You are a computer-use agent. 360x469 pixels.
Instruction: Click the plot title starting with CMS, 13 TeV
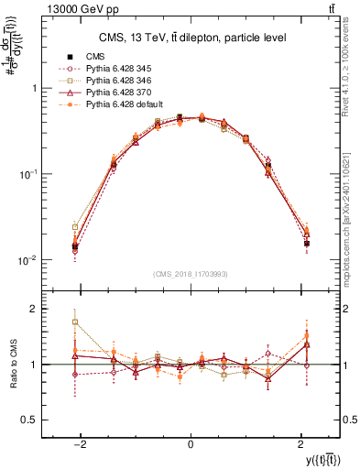190,38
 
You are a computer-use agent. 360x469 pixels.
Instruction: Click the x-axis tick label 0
190,444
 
